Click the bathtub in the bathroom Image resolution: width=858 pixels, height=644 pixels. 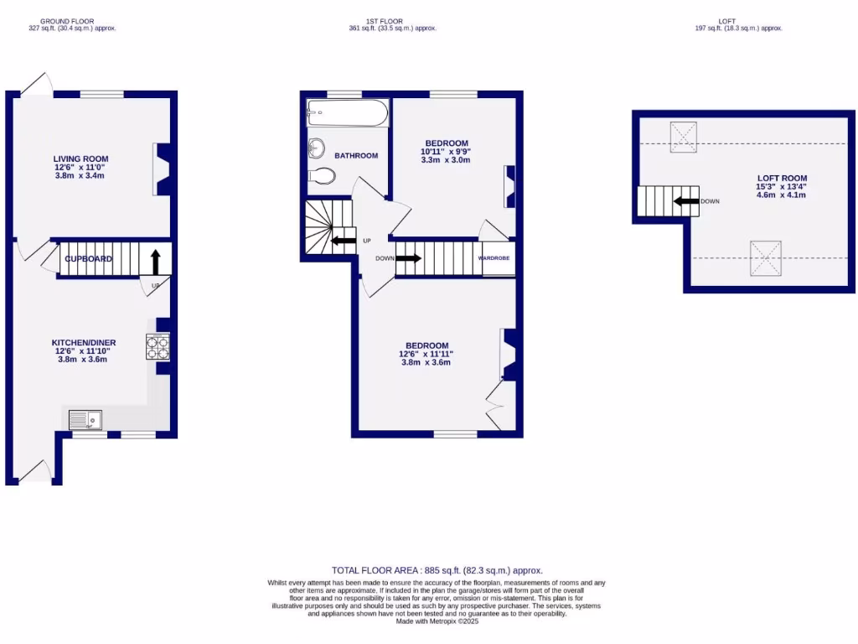point(348,113)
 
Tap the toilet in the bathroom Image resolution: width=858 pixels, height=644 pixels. point(322,176)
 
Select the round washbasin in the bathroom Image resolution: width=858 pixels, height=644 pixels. point(317,148)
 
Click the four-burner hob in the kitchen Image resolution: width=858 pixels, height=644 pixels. point(158,346)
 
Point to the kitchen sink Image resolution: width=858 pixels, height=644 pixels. point(85,418)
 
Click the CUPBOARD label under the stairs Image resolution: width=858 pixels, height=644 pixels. point(89,259)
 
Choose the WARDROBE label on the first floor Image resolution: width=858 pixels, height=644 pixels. point(494,258)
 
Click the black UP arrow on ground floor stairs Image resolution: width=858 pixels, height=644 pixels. point(156,261)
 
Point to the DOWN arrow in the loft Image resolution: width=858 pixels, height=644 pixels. point(686,201)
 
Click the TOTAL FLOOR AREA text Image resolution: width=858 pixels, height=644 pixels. point(442,570)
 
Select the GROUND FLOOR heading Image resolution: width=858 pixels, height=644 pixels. point(67,21)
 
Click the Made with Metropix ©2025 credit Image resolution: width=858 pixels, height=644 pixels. point(437,621)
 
